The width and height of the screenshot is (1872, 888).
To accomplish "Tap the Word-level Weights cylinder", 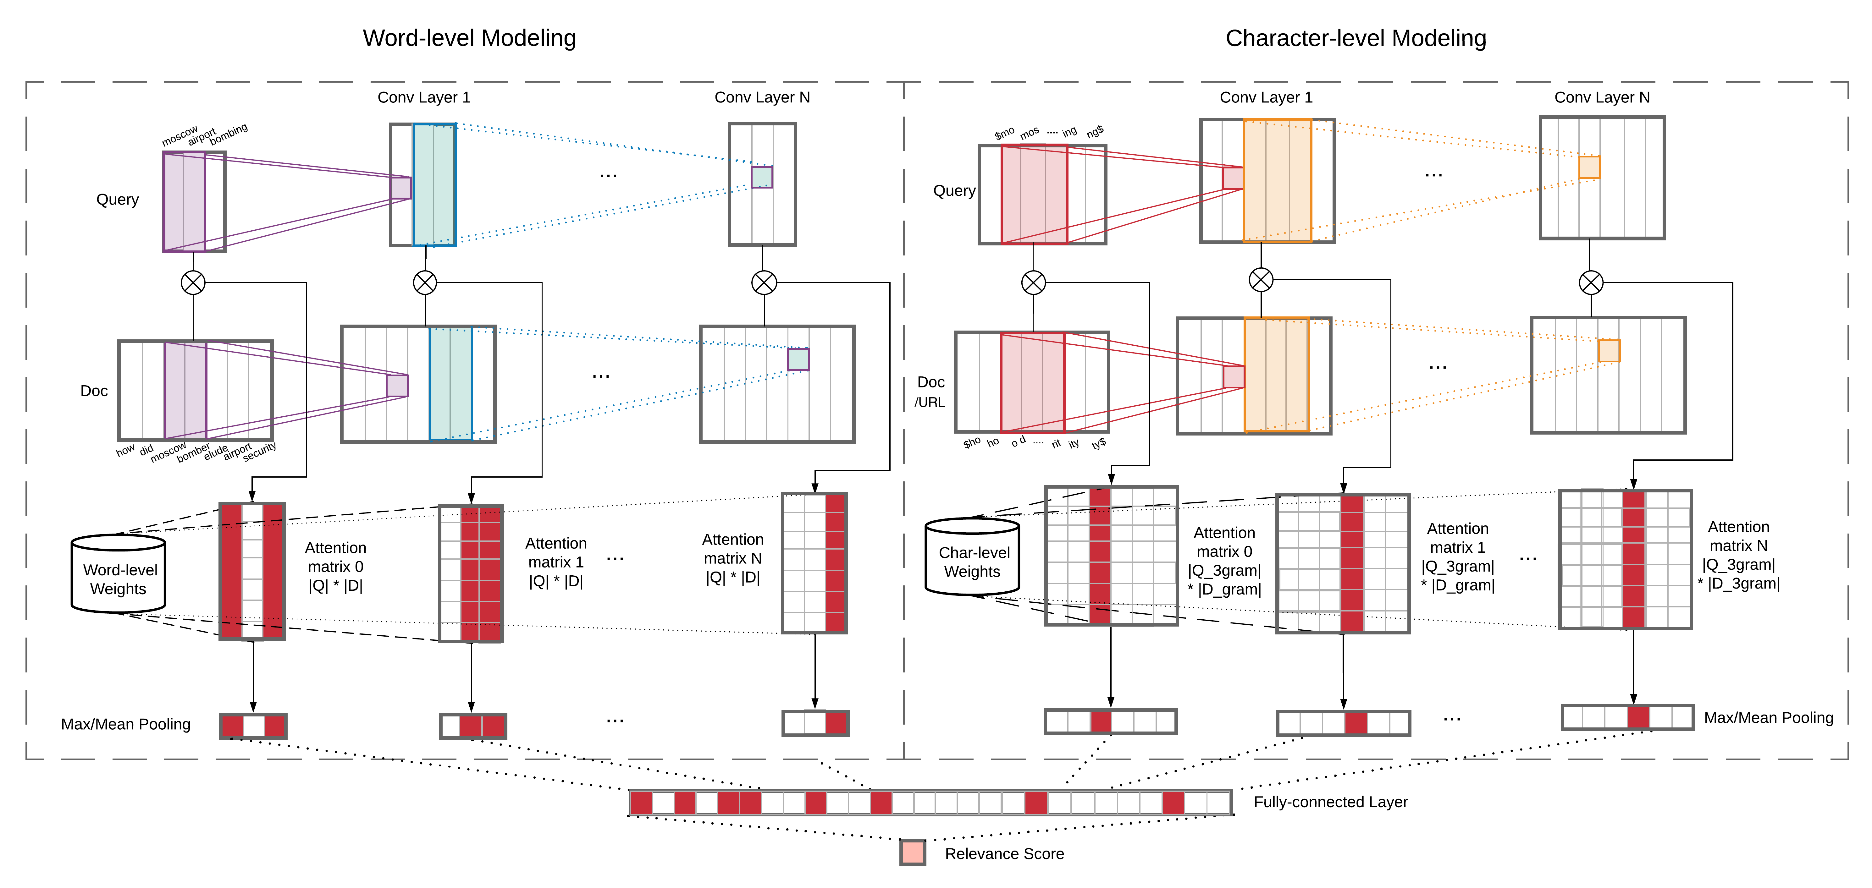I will click(119, 574).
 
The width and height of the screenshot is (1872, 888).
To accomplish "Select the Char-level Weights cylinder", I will click(972, 557).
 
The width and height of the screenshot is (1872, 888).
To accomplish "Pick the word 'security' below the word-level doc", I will click(259, 451).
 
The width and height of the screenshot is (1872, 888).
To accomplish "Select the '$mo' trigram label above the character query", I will click(1004, 134).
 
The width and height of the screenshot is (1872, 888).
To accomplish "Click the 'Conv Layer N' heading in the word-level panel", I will click(762, 97).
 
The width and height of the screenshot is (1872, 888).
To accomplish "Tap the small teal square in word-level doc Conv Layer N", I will click(798, 359).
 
